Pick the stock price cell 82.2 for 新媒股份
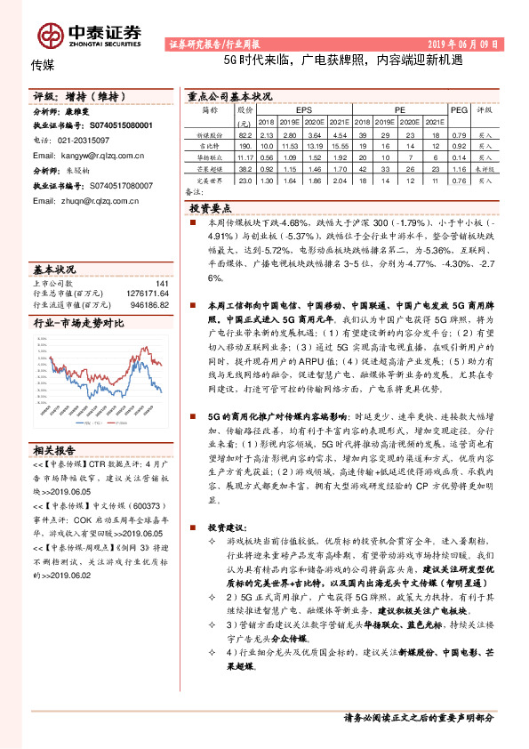click(246, 133)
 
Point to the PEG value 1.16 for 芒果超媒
click(460, 168)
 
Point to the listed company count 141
click(162, 284)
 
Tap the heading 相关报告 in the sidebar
click(54, 450)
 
